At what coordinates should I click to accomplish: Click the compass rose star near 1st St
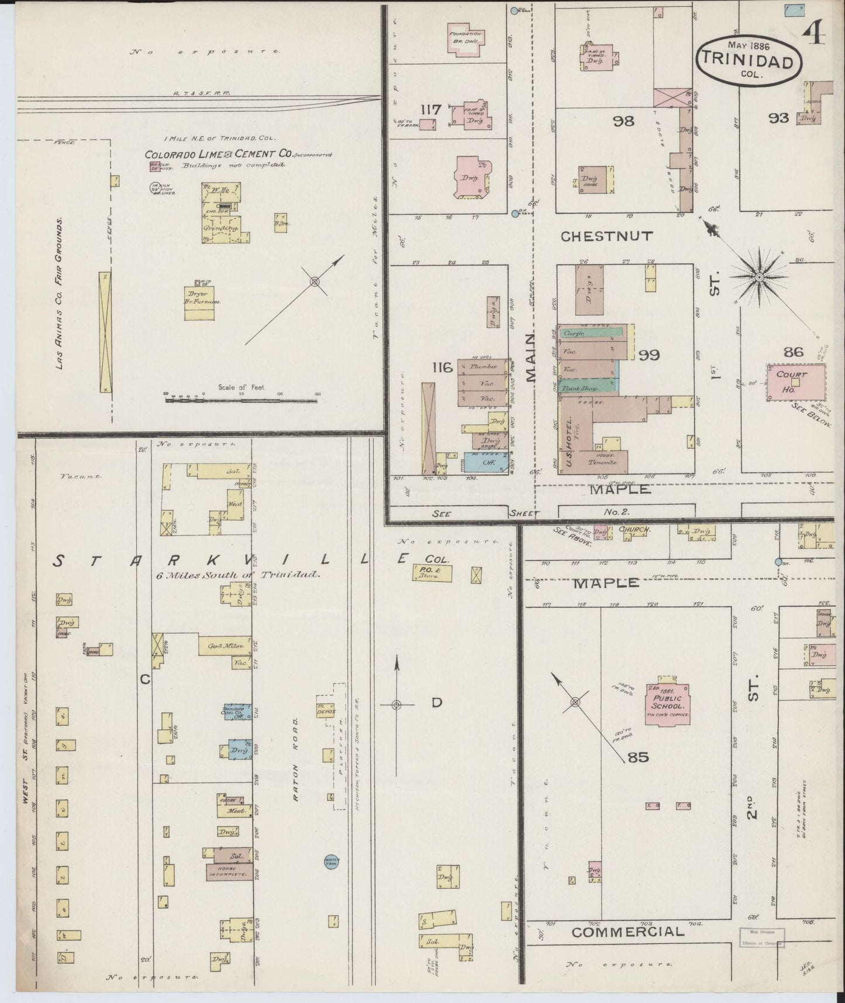pyautogui.click(x=758, y=276)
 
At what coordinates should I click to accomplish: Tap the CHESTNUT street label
pyautogui.click(x=606, y=236)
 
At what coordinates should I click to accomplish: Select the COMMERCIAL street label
pyautogui.click(x=627, y=932)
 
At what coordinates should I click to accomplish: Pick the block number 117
pyautogui.click(x=431, y=109)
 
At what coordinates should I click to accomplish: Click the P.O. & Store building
pyautogui.click(x=432, y=573)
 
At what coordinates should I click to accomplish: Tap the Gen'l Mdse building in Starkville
pyautogui.click(x=218, y=647)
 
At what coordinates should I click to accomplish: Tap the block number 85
pyautogui.click(x=637, y=757)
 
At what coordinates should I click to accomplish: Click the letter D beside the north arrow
pyautogui.click(x=437, y=703)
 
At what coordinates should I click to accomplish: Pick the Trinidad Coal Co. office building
pyautogui.click(x=236, y=712)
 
